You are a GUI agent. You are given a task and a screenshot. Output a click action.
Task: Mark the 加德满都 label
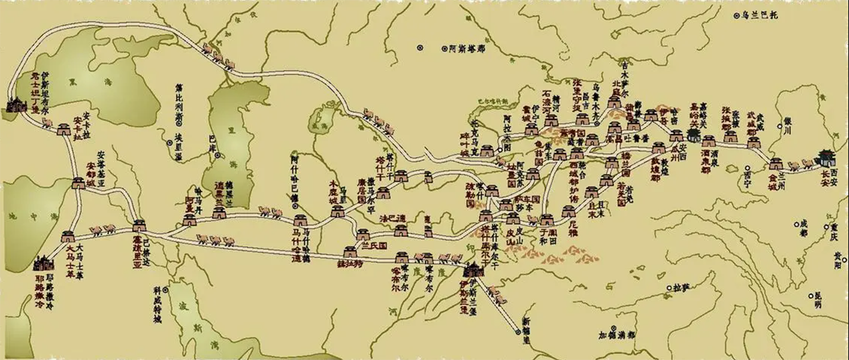pyautogui.click(x=616, y=335)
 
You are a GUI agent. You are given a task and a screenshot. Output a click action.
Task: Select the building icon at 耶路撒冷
pyautogui.click(x=44, y=264)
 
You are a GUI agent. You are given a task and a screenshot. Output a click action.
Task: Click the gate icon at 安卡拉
pyautogui.click(x=65, y=129)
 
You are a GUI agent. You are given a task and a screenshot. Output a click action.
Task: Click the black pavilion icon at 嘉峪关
pyautogui.click(x=694, y=135)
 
